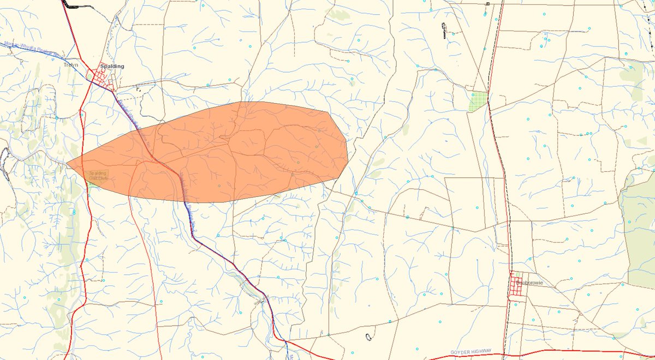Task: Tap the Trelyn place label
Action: pos(72,65)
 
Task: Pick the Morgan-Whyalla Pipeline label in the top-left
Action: pos(33,50)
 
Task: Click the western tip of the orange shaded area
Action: pos(67,163)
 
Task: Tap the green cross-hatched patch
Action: pos(478,101)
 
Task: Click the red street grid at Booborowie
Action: pos(517,286)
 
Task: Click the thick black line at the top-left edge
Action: pos(70,4)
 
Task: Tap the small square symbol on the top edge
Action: pos(487,3)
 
